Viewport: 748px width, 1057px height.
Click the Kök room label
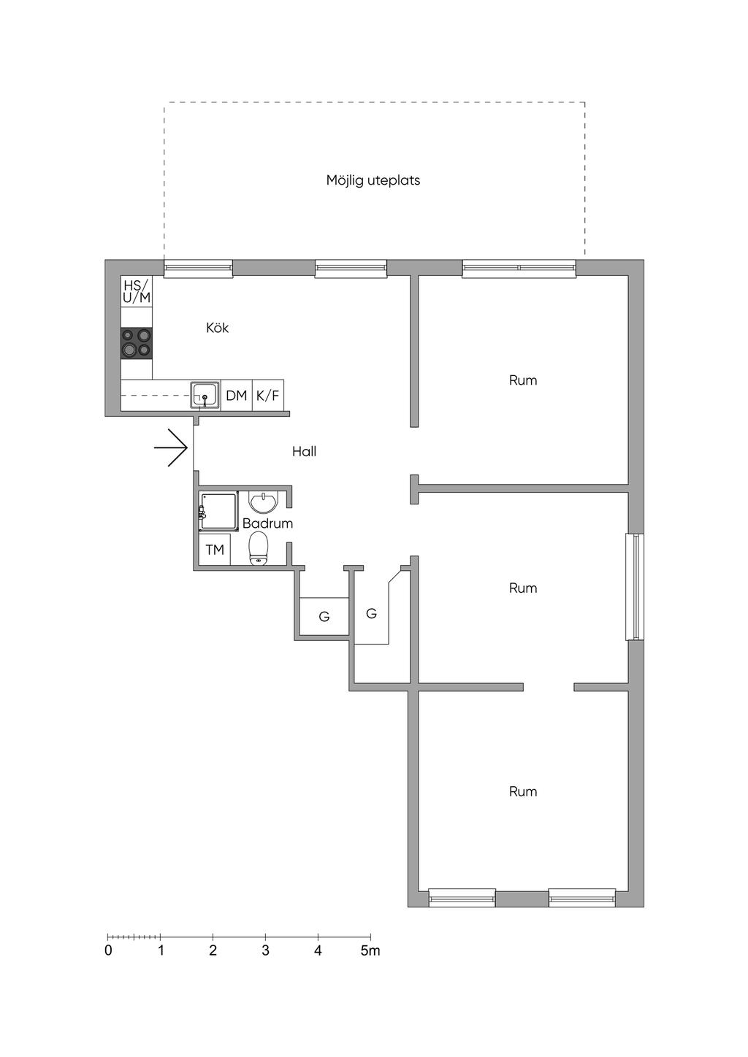pos(217,328)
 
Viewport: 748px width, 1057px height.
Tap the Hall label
pos(304,452)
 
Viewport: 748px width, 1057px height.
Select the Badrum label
pos(267,523)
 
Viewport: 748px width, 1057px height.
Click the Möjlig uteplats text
pos(373,181)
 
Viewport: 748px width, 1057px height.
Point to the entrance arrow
pos(171,447)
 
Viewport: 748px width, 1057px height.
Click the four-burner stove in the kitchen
pos(137,343)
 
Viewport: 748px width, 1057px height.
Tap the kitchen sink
pos(205,395)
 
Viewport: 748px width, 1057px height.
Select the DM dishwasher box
pos(237,395)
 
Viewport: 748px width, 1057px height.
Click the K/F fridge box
pos(268,395)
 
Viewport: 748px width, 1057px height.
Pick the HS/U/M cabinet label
pos(137,291)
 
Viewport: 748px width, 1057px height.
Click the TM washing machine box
pos(214,549)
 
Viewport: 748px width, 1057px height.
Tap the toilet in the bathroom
pos(259,548)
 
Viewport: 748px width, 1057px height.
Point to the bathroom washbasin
pos(264,502)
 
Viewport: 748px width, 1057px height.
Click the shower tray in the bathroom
pos(218,512)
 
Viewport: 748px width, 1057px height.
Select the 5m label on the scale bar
pos(370,950)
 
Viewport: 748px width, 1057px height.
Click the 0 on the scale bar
pos(108,950)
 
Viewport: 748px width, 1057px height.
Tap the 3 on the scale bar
pos(265,950)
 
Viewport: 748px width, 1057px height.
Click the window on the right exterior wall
pos(635,587)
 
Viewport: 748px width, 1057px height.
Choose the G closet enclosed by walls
pos(324,616)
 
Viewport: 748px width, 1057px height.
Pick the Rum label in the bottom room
pos(523,791)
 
